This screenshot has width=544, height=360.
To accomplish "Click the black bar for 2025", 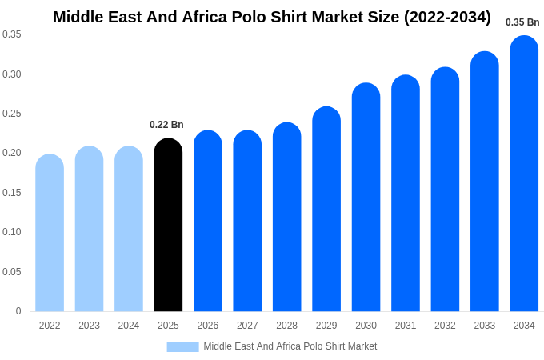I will pyautogui.click(x=168, y=226).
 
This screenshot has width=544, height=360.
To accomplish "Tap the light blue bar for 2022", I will pyautogui.click(x=50, y=234).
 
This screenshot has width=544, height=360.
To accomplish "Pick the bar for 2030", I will pyautogui.click(x=366, y=198).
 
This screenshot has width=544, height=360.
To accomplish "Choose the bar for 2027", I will pyautogui.click(x=247, y=222).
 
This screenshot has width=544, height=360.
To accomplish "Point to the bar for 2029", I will pyautogui.click(x=326, y=210).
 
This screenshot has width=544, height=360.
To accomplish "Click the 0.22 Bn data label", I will pyautogui.click(x=166, y=125).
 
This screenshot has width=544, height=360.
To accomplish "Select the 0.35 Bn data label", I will pyautogui.click(x=522, y=22).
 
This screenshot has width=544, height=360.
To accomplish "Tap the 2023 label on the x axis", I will pyautogui.click(x=89, y=326).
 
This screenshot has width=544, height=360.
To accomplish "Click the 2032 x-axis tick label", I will pyautogui.click(x=445, y=326).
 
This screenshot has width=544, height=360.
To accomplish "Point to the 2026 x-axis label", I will pyautogui.click(x=208, y=326).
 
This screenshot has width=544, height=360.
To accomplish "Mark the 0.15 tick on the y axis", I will pyautogui.click(x=11, y=193).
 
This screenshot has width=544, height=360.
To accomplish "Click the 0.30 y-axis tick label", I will pyautogui.click(x=11, y=74).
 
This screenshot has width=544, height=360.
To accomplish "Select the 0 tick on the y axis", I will pyautogui.click(x=18, y=311).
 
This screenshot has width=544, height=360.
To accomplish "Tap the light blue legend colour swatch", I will pyautogui.click(x=182, y=346).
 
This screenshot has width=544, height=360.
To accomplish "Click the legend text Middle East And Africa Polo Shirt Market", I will pyautogui.click(x=290, y=346).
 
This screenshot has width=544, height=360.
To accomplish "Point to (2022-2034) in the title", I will pyautogui.click(x=445, y=17).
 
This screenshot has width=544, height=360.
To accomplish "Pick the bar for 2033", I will pyautogui.click(x=485, y=182).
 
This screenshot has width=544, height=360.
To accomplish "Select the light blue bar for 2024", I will pyautogui.click(x=129, y=230).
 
